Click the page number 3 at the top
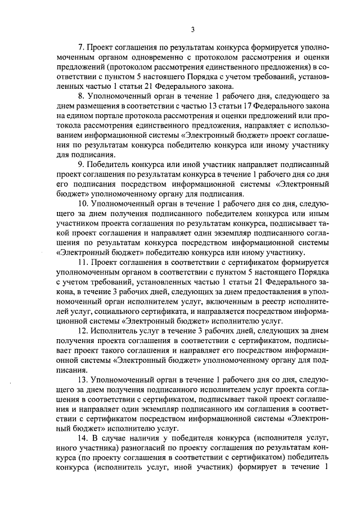(x=192, y=29)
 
